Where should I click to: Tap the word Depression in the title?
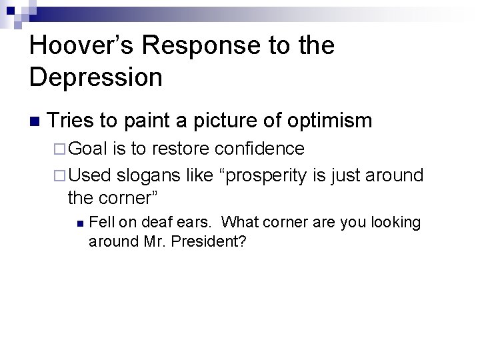point(96,77)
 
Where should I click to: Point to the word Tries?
point(73,121)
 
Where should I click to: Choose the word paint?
point(151,121)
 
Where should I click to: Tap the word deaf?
point(146,223)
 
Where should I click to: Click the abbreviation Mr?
point(157,241)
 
